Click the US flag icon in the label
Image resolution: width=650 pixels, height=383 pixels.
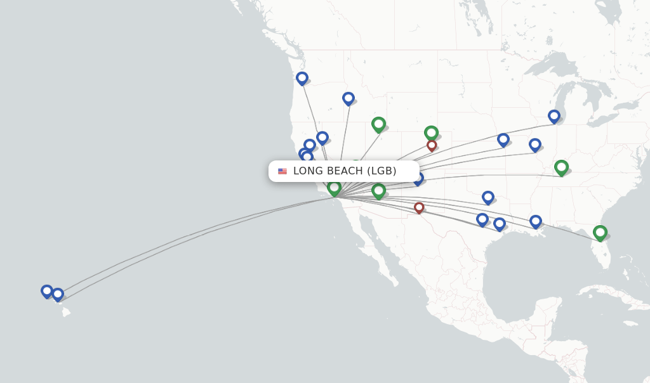coord(282,171)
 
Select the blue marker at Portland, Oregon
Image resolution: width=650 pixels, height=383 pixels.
coord(302,78)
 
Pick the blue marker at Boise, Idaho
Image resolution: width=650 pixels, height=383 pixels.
coord(348,98)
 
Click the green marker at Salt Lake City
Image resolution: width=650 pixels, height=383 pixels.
coord(378,124)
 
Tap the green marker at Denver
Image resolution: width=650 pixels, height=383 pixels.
coord(431,133)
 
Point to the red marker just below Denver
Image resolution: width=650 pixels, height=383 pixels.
coord(432,145)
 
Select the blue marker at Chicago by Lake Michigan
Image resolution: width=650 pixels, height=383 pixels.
coord(554,116)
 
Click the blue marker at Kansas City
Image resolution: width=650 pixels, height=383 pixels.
coord(503,139)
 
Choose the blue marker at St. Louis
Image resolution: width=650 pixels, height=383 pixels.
coord(535,145)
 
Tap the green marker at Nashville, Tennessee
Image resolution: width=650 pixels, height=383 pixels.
coord(561,167)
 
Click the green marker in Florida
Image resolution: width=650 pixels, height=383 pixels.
coord(600,233)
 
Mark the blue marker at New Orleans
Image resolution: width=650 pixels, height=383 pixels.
coord(536,221)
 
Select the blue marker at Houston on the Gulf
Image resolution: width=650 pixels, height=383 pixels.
coord(500,224)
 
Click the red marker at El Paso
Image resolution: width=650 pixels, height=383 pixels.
coord(419,207)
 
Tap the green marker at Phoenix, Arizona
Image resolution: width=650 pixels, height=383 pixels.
coord(378,190)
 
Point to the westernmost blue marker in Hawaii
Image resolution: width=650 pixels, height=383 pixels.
coord(47,291)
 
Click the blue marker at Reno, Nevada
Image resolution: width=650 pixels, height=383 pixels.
coord(322,138)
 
